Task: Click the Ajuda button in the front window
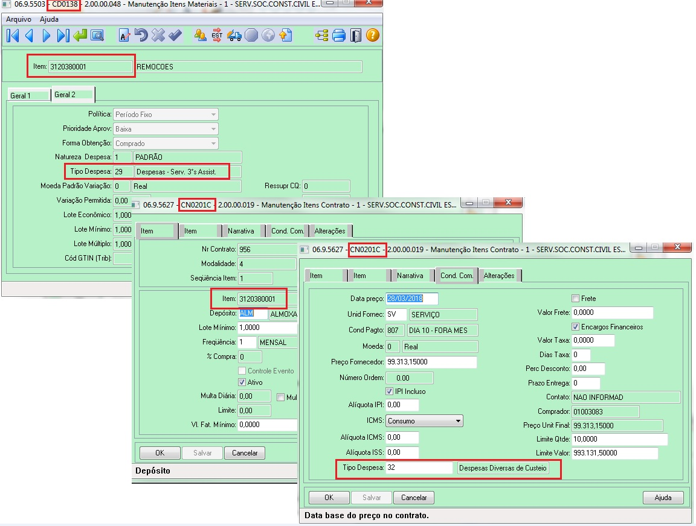[663, 498]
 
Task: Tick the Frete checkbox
[576, 299]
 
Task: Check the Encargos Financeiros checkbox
[576, 327]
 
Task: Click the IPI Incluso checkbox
[389, 391]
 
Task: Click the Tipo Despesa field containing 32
[419, 468]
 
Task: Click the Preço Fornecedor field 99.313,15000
[431, 362]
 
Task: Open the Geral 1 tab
[28, 95]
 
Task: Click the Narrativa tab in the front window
[410, 276]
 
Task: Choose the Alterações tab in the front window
[499, 276]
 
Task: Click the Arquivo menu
[19, 19]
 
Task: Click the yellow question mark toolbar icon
[373, 36]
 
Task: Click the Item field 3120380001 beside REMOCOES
[90, 67]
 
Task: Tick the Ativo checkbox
[242, 382]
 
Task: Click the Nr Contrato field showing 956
[266, 249]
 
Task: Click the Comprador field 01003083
[605, 411]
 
